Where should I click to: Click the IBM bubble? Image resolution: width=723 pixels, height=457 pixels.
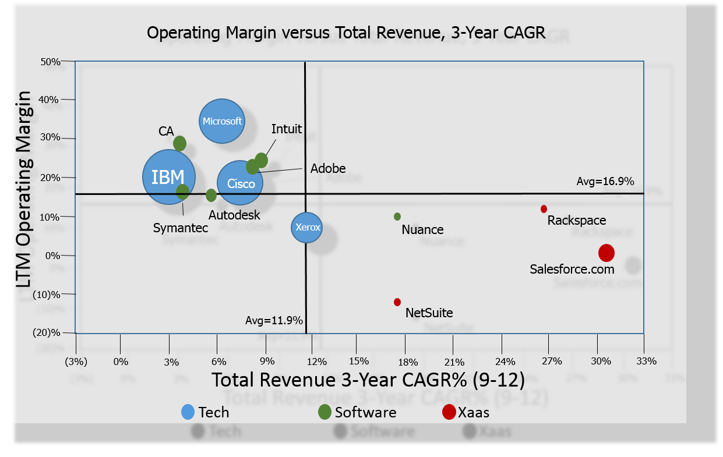click(169, 177)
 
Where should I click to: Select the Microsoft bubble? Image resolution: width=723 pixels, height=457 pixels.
click(222, 121)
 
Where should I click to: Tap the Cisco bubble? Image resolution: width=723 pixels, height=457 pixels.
click(240, 183)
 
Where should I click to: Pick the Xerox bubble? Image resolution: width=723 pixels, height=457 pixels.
click(307, 227)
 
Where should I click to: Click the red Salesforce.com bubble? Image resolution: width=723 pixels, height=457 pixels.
click(606, 253)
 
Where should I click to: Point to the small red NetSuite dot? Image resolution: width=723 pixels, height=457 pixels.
click(397, 302)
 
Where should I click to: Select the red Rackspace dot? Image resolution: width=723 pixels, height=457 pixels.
click(544, 209)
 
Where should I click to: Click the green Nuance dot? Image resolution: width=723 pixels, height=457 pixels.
click(397, 217)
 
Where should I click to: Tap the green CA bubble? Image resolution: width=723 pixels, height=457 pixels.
click(179, 143)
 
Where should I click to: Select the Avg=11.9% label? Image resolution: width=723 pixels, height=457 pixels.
click(274, 320)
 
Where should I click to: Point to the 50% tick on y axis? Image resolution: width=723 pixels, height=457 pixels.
click(51, 62)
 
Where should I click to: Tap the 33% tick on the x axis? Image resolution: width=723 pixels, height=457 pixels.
click(647, 361)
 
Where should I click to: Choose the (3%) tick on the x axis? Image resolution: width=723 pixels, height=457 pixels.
click(76, 361)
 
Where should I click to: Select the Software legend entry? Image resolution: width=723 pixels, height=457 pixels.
click(365, 412)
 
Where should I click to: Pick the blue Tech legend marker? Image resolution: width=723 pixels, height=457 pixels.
click(188, 412)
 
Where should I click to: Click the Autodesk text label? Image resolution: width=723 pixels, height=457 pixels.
click(234, 215)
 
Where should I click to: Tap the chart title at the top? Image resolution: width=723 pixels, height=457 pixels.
click(346, 33)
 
